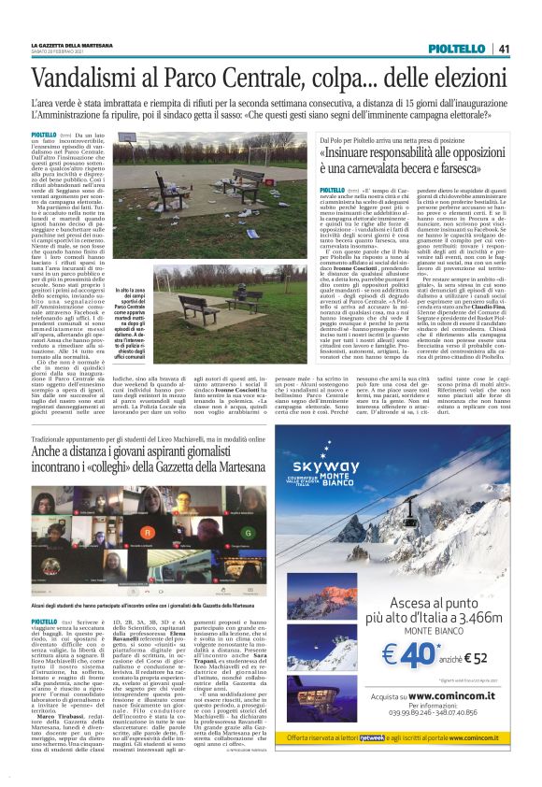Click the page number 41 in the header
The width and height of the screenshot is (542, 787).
pos(503,50)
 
